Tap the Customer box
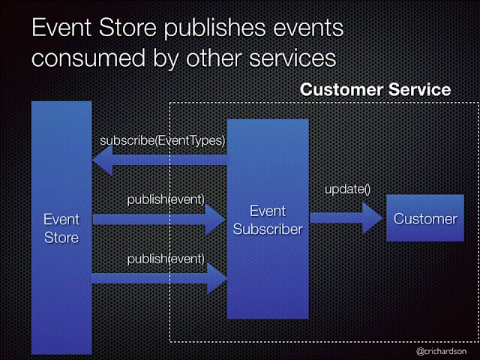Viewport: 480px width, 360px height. click(424, 219)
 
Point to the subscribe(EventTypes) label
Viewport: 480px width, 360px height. click(163, 139)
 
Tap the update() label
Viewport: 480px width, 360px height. click(347, 190)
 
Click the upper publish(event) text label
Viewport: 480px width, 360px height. click(166, 199)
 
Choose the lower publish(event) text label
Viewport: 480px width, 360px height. click(166, 259)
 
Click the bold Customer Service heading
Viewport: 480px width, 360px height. click(375, 90)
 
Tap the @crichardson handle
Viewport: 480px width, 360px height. click(442, 350)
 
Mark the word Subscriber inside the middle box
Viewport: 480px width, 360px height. click(268, 229)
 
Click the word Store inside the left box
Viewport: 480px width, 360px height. click(61, 237)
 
